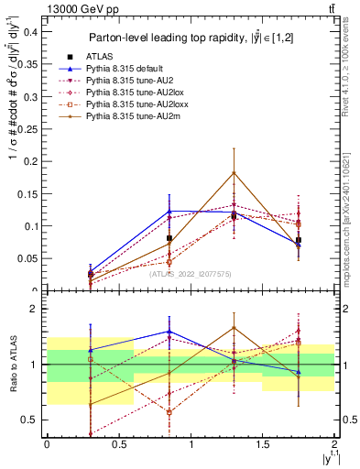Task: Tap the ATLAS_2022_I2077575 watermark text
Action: [x=191, y=273]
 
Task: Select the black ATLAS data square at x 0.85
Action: [x=169, y=238]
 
